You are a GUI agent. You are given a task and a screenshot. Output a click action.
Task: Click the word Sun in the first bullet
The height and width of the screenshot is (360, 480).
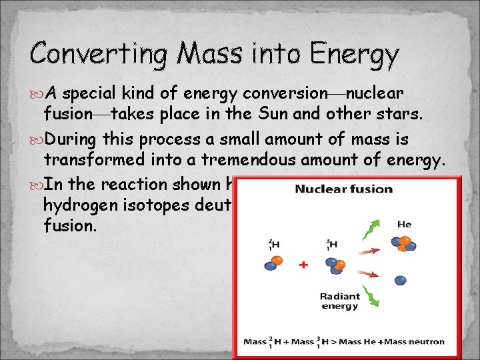click(282, 113)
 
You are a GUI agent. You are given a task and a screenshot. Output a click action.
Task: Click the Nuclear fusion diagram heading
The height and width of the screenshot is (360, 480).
click(344, 189)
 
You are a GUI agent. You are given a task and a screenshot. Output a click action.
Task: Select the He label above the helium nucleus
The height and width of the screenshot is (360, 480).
click(404, 225)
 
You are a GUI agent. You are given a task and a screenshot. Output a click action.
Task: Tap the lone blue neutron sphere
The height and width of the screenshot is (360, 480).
click(400, 281)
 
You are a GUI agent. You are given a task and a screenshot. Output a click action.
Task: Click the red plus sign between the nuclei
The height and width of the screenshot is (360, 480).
click(303, 265)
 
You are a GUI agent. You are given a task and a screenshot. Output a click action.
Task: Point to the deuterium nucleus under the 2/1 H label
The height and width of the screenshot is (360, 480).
click(274, 263)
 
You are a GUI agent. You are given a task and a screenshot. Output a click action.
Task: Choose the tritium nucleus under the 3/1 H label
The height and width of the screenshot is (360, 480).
click(335, 262)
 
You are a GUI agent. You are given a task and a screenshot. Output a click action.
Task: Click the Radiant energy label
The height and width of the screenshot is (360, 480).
click(339, 301)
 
